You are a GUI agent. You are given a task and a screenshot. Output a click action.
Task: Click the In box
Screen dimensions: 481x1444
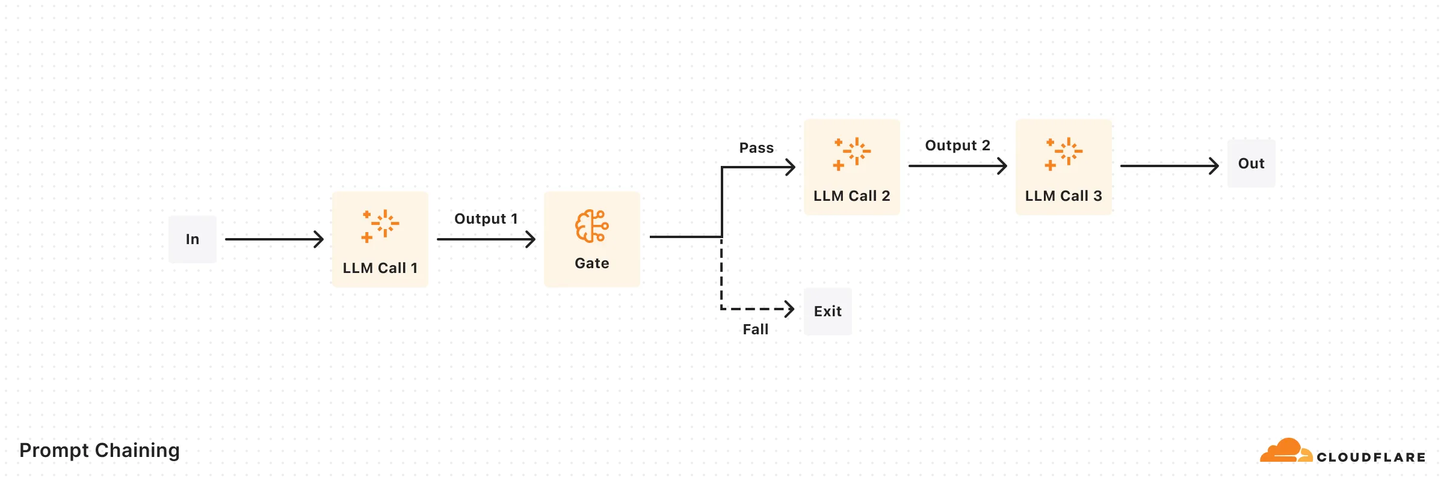[192, 239]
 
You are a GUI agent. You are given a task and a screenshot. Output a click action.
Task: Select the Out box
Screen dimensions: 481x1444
[1251, 164]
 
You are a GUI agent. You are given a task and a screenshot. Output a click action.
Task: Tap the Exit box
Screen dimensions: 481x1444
[827, 311]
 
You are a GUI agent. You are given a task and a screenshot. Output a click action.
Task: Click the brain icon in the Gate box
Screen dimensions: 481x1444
[591, 226]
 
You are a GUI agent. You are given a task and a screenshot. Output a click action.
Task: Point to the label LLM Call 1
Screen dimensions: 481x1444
[380, 268]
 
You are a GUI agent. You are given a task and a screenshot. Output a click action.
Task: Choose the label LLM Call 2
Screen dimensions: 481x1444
[851, 196]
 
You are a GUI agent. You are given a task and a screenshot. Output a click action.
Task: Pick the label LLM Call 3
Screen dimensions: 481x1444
[1063, 196]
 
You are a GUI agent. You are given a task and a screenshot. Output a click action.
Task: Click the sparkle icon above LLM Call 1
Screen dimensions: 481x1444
[380, 225]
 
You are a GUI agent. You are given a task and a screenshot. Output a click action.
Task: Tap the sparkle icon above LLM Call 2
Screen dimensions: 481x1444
[852, 153]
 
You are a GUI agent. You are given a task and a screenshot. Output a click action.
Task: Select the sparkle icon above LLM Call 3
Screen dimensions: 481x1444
[1064, 153]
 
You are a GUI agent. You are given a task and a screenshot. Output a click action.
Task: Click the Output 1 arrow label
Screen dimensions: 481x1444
[486, 219]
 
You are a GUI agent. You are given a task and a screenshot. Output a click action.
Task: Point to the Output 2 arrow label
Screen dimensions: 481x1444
[957, 146]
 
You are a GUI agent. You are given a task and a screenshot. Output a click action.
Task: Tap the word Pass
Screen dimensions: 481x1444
[756, 148]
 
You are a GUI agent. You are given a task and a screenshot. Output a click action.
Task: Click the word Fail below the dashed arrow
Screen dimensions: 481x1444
[755, 329]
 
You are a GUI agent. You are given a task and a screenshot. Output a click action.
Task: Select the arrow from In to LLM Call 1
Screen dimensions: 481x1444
[274, 239]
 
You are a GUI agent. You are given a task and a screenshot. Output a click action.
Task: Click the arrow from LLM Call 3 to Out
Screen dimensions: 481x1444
[1169, 166]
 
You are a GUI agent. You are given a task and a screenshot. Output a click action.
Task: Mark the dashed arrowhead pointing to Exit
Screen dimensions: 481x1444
[789, 309]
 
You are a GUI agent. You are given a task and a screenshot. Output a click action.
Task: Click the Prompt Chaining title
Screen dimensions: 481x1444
[99, 450]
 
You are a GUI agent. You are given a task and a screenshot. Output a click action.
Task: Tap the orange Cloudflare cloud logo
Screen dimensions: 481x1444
[1285, 451]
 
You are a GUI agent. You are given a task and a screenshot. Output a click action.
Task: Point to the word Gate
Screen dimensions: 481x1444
[591, 263]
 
